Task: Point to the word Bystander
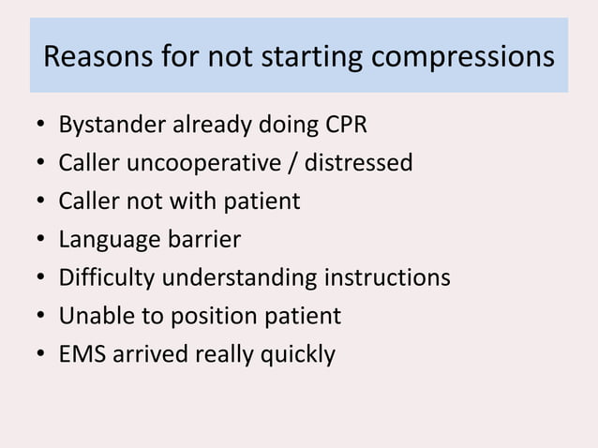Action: [x=111, y=125]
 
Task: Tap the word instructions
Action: [x=387, y=278]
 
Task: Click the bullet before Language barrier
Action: [x=40, y=241]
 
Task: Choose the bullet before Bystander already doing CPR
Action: [x=40, y=126]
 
